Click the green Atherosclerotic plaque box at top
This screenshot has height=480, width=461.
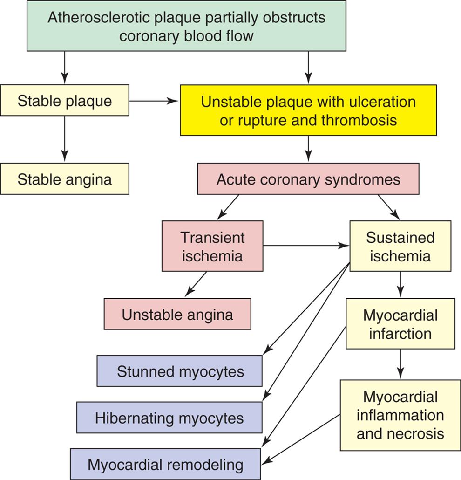186,26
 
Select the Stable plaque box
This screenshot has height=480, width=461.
64,100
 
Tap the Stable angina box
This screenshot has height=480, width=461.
64,179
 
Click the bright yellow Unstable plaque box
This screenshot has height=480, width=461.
308,110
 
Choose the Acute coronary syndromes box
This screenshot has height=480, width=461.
308,179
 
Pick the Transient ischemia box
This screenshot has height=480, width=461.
212,246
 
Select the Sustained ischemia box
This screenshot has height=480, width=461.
400,246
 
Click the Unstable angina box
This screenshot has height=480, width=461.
177,314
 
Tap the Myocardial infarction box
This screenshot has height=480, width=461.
400,324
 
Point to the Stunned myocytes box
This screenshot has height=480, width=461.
180,371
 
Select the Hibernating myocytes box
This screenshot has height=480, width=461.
169,418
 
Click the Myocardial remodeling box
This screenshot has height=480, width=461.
166,464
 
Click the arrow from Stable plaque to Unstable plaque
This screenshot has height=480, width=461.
154,100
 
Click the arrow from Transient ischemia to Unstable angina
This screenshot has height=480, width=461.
196,284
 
